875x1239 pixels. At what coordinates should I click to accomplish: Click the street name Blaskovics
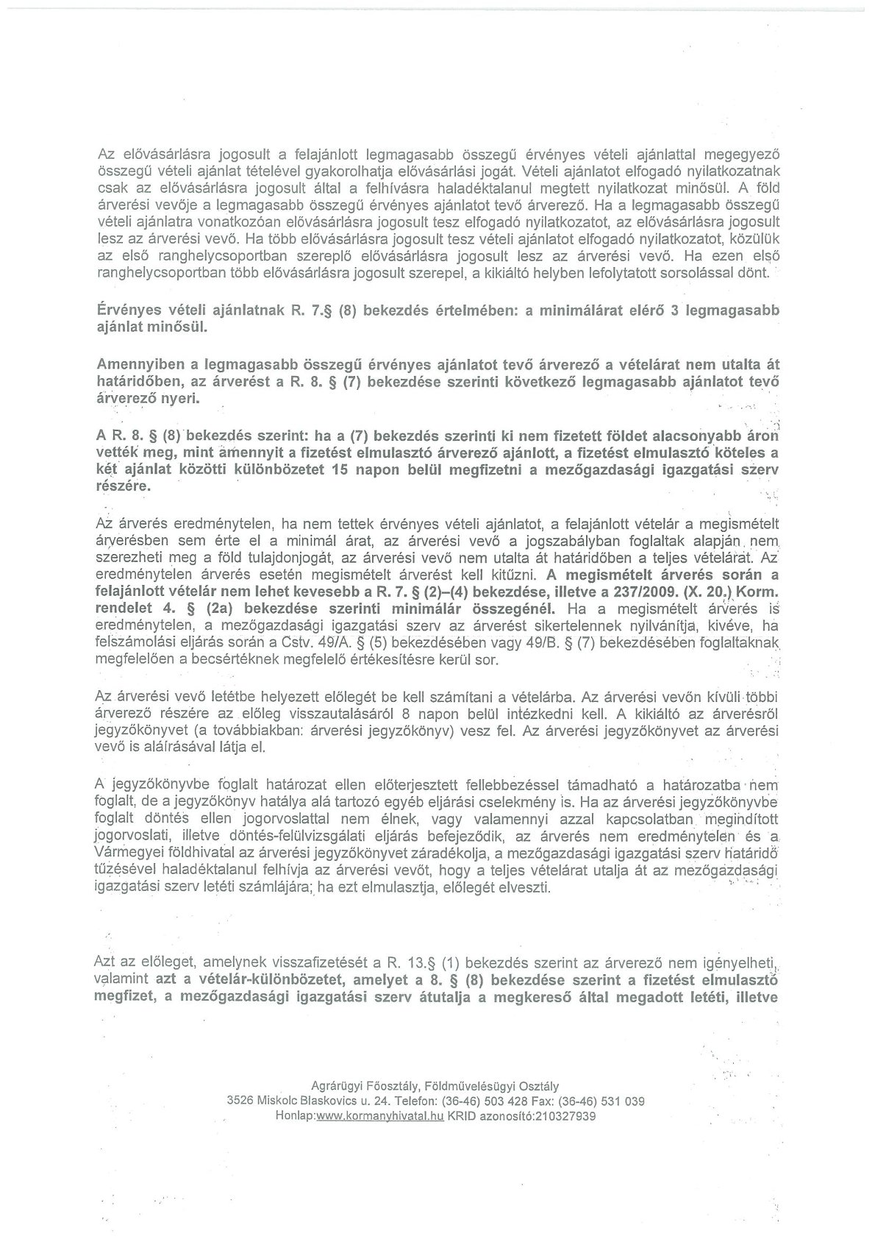pyautogui.click(x=324, y=1101)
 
